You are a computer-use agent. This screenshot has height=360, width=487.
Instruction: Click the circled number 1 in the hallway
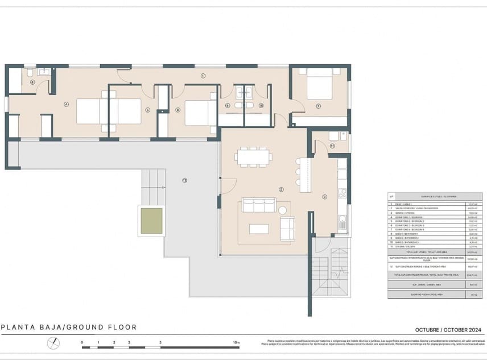[203, 76]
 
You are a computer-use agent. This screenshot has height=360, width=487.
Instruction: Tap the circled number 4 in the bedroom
[66, 104]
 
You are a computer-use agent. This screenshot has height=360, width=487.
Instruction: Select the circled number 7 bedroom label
[319, 106]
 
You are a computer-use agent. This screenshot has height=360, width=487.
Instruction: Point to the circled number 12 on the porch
[184, 180]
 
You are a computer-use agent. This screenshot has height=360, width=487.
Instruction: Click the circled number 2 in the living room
[281, 189]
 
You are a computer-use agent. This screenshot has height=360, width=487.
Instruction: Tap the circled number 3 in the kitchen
[325, 197]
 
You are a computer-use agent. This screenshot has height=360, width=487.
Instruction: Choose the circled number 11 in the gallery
[332, 146]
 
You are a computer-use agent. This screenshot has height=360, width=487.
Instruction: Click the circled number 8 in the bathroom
[32, 82]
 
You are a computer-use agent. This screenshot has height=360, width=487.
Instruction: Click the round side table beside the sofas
[283, 210]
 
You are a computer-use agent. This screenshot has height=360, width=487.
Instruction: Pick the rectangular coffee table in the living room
[259, 229]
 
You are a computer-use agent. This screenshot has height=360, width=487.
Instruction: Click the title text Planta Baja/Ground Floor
[69, 327]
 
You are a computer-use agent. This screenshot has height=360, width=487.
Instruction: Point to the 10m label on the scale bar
[236, 343]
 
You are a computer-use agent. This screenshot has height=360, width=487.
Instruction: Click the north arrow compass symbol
[53, 343]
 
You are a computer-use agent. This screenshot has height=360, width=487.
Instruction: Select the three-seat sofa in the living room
[259, 205]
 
